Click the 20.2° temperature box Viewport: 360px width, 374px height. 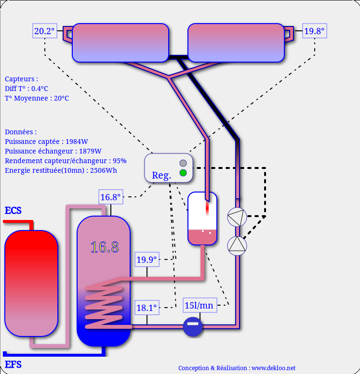pyautogui.click(x=44, y=32)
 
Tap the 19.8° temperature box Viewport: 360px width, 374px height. pyautogui.click(x=314, y=32)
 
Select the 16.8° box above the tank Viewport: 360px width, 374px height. pyautogui.click(x=110, y=197)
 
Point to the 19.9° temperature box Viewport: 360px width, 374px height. pyautogui.click(x=147, y=260)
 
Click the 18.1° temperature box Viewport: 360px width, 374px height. pyautogui.click(x=147, y=308)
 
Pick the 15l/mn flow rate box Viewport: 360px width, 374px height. pyautogui.click(x=200, y=305)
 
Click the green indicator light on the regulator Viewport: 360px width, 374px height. pyautogui.click(x=183, y=173)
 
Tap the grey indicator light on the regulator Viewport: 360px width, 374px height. pyautogui.click(x=183, y=163)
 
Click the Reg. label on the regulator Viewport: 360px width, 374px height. pyautogui.click(x=161, y=175)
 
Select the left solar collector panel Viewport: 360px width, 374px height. pyautogui.click(x=120, y=43)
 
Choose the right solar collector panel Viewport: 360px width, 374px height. pyautogui.click(x=236, y=43)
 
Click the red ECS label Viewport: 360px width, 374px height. pyautogui.click(x=13, y=210)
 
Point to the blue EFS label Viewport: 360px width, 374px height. pyautogui.click(x=13, y=364)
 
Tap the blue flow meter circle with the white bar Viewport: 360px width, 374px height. pyautogui.click(x=193, y=326)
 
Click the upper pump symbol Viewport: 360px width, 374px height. pyautogui.click(x=237, y=217)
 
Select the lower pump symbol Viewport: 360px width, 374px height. pyautogui.click(x=237, y=245)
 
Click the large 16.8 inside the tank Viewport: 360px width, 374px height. pyautogui.click(x=105, y=247)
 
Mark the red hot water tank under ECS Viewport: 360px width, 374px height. pyautogui.click(x=31, y=283)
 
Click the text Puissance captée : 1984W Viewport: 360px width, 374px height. pyautogui.click(x=46, y=142)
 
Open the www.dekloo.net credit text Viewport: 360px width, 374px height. pyautogui.click(x=237, y=368)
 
